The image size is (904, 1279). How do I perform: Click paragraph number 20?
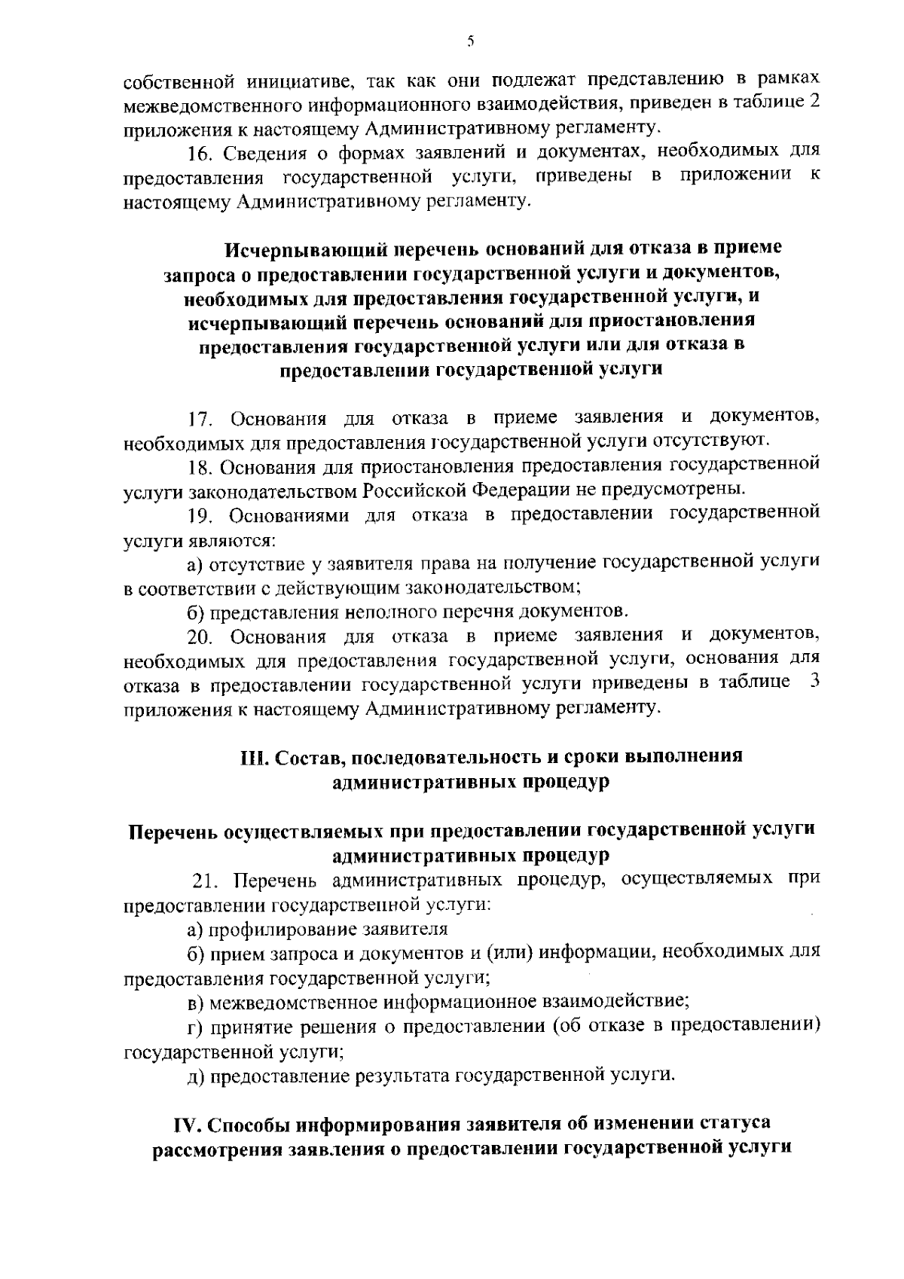(x=200, y=637)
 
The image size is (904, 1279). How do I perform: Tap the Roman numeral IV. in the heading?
(x=186, y=1125)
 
